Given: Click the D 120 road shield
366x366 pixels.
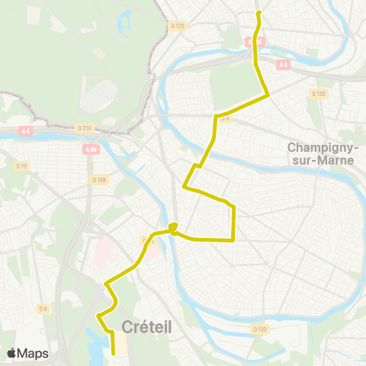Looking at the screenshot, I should pos(178,25).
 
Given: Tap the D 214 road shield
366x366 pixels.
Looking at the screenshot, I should pos(84,129).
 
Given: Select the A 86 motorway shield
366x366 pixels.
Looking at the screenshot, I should pos(92,149).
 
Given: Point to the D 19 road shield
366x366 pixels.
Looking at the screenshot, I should pos(22,165).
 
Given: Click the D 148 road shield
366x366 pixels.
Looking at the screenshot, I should pos(98,180).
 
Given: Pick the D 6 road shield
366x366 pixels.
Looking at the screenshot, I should pos(43,308).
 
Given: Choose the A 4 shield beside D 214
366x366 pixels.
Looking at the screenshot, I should pos(26,131).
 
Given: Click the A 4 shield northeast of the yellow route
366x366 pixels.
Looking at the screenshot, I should pos(284,65).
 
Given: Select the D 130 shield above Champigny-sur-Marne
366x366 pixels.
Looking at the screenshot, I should pos(318,93).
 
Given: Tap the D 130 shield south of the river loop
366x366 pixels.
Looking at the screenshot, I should pos(260,329).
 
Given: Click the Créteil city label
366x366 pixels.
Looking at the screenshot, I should pos(146,326).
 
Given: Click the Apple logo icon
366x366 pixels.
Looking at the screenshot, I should pos(12,353).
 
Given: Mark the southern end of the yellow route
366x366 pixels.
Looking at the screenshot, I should pos(114,354).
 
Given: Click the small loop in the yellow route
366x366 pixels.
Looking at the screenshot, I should pos(175,226).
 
